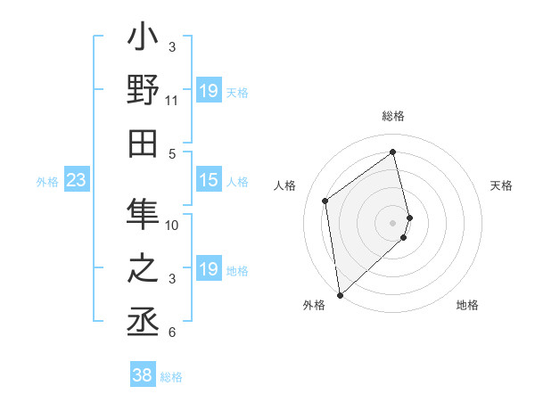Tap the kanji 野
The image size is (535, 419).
(143, 93)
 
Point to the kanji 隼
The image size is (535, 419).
(143, 214)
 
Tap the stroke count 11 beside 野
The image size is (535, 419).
(172, 101)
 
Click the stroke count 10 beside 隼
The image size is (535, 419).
(172, 225)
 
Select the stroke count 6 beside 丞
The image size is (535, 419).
(172, 333)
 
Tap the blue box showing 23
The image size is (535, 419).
(76, 181)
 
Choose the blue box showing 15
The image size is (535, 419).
(208, 181)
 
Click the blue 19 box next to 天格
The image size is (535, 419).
(208, 91)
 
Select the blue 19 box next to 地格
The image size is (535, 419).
(208, 269)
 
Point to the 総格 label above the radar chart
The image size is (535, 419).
(393, 117)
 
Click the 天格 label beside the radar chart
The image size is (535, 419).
(501, 185)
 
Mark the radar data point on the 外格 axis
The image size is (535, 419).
(340, 295)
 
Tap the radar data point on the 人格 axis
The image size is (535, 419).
(325, 201)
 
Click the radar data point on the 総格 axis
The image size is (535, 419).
(393, 152)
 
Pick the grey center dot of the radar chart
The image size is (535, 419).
(393, 222)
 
